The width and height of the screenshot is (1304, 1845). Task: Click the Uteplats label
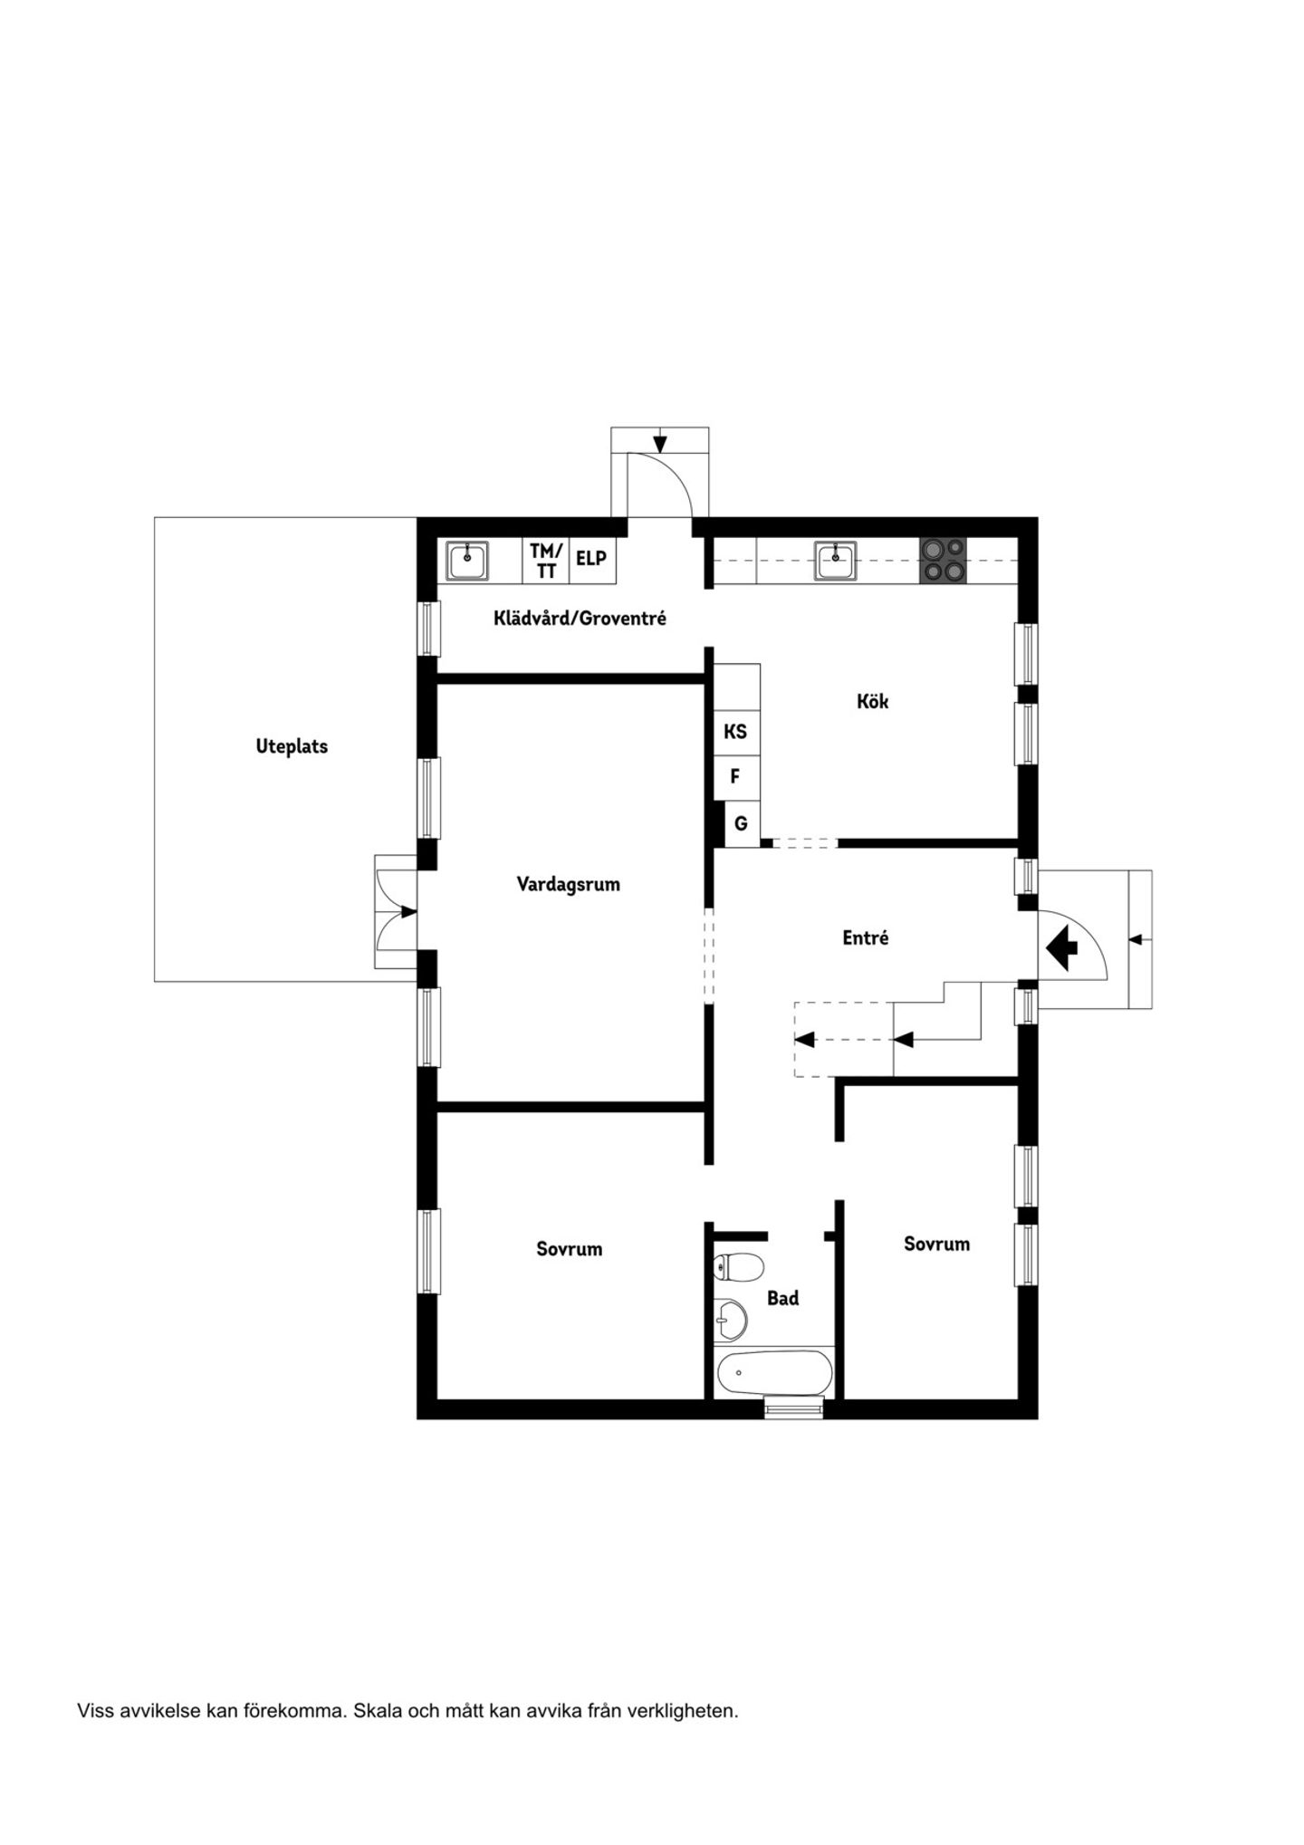pyautogui.click(x=292, y=747)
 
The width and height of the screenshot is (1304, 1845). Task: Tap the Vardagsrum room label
pyautogui.click(x=569, y=885)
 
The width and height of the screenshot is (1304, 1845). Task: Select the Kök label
pyautogui.click(x=873, y=701)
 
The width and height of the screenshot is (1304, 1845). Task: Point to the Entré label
pyautogui.click(x=866, y=938)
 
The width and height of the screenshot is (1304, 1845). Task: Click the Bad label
pyautogui.click(x=783, y=1299)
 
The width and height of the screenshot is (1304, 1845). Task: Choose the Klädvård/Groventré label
pyautogui.click(x=580, y=619)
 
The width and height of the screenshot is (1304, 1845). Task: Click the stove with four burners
pyautogui.click(x=944, y=561)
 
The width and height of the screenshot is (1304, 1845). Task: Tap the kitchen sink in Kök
pyautogui.click(x=835, y=560)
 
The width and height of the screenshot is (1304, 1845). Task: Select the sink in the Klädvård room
pyautogui.click(x=467, y=562)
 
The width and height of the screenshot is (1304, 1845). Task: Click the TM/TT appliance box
pyautogui.click(x=546, y=561)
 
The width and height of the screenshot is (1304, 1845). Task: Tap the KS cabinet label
pyautogui.click(x=735, y=731)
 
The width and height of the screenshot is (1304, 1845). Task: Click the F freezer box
pyautogui.click(x=735, y=776)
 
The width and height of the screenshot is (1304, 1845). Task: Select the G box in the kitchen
pyautogui.click(x=742, y=824)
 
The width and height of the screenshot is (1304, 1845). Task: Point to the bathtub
pyautogui.click(x=774, y=1374)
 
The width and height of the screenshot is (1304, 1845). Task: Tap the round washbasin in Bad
pyautogui.click(x=730, y=1320)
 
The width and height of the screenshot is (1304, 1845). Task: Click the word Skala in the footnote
pyautogui.click(x=375, y=1712)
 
